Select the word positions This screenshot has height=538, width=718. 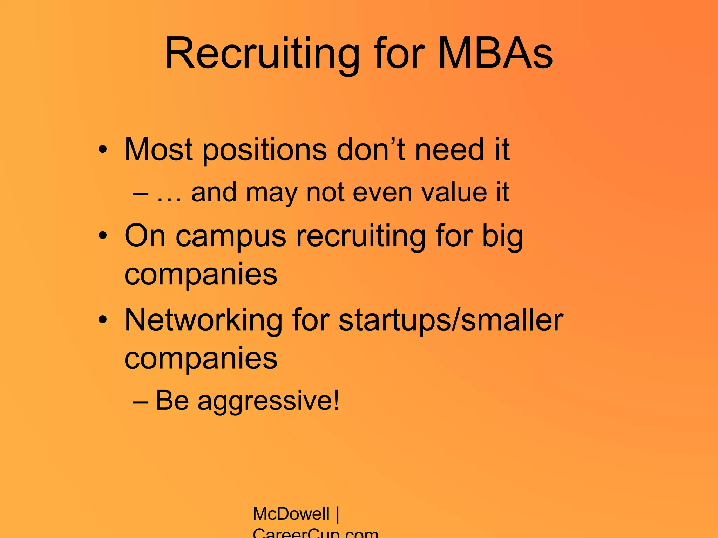coord(265,150)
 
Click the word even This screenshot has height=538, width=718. coord(382,192)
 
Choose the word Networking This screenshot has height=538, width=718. coord(203,320)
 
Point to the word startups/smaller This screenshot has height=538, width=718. coord(451,320)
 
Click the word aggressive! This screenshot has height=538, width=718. coord(269,401)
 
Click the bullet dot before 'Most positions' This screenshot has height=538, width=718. coord(102,150)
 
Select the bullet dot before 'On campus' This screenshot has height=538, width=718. coord(102,235)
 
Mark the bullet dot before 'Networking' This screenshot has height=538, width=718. coord(102,319)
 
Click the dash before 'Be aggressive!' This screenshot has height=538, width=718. coord(140,402)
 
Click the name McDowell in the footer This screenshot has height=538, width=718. coord(291,514)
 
